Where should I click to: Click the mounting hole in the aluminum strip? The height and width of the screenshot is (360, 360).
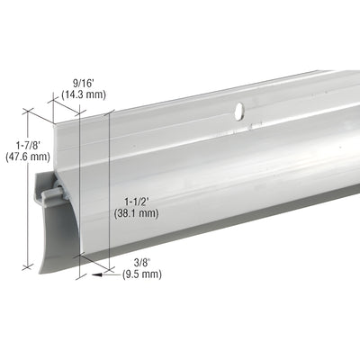coord(238,112)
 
